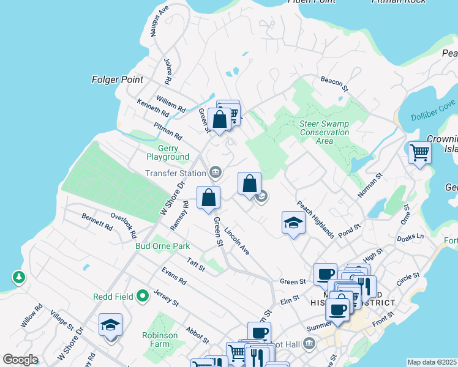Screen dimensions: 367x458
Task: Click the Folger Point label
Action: pos(117,80)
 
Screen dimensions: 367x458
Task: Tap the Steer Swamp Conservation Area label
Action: pos(324,132)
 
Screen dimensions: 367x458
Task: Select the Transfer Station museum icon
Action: pos(216,173)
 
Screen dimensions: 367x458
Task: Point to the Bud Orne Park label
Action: pos(162,246)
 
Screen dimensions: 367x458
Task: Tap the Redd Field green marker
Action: pos(143,297)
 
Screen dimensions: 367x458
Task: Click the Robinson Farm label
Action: pos(160,339)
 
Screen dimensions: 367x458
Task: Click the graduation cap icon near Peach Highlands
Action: pos(293,223)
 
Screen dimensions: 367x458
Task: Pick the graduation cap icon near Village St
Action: pos(110,325)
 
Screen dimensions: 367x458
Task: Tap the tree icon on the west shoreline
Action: pos(20,278)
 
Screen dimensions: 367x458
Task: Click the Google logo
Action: pos(20,360)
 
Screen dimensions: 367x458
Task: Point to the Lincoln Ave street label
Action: pos(237,242)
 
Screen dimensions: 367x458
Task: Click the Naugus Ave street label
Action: pos(158,22)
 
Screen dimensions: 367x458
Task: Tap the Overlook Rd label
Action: pos(124,224)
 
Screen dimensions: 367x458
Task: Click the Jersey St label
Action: pos(166,298)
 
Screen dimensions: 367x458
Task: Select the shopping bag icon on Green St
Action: pos(208,198)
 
